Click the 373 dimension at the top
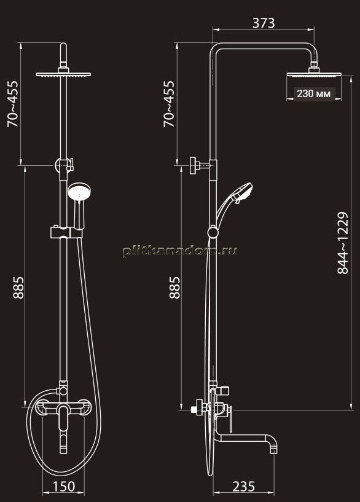click(x=264, y=23)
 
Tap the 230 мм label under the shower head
click(x=313, y=94)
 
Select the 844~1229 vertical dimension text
click(x=343, y=243)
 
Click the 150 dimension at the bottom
click(x=63, y=487)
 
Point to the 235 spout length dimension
click(x=243, y=487)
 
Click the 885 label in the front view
click(x=18, y=288)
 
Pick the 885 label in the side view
click(x=174, y=288)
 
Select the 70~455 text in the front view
click(x=13, y=104)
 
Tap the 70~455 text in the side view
click(x=170, y=104)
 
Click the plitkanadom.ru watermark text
click(x=180, y=251)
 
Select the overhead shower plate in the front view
click(x=63, y=74)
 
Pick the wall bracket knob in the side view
click(x=193, y=165)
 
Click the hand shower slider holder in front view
click(x=66, y=232)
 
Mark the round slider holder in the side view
click(x=213, y=232)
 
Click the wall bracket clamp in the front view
click(x=64, y=165)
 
